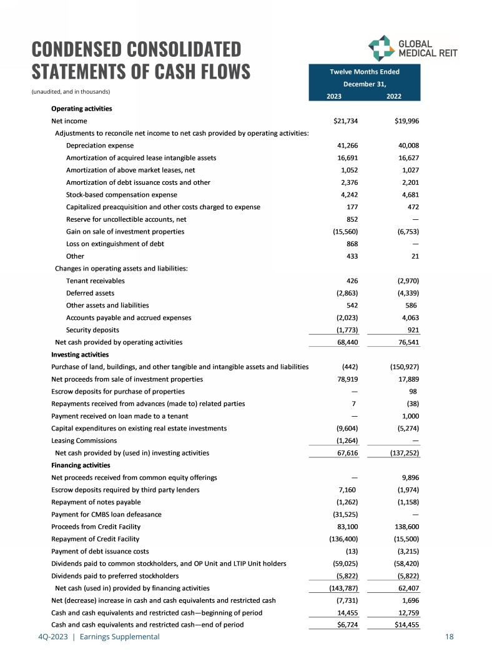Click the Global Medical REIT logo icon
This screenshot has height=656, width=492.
(x=380, y=49)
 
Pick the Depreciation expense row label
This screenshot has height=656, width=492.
(x=99, y=145)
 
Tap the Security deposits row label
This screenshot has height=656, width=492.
(x=92, y=330)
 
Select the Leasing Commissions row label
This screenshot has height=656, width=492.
(x=84, y=440)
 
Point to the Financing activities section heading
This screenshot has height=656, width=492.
(x=81, y=465)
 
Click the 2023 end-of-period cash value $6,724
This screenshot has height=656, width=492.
(x=345, y=625)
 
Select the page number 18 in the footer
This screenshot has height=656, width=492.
(x=449, y=637)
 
